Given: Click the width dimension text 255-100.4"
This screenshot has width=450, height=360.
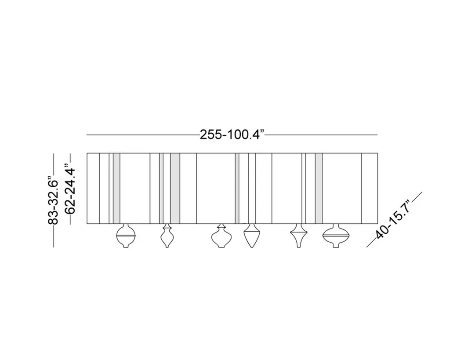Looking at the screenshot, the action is (x=232, y=135).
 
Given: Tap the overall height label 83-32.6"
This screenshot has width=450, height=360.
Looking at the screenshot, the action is (x=53, y=202).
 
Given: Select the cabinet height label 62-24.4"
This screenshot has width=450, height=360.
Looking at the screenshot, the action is (x=70, y=189).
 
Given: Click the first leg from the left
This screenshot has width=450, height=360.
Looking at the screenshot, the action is (x=126, y=236).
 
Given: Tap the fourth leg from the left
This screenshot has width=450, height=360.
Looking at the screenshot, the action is (x=252, y=236).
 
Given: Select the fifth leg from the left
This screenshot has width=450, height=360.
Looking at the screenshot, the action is (x=299, y=236).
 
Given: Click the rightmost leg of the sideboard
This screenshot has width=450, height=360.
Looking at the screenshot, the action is (x=336, y=236).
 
